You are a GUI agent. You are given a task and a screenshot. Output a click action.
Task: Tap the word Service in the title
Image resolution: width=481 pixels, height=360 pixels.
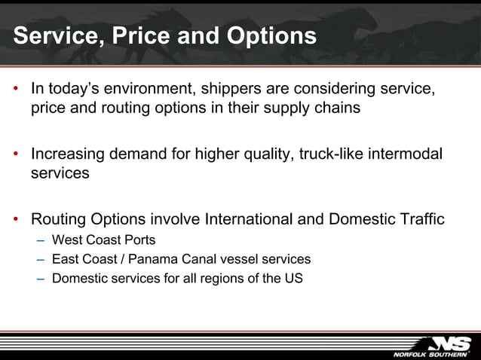pyautogui.click(x=52, y=36)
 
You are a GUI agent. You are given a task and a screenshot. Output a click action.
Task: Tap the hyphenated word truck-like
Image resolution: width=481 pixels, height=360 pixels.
pyautogui.click(x=332, y=154)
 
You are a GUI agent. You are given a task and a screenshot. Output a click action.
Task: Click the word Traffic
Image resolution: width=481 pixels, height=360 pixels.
pyautogui.click(x=419, y=220)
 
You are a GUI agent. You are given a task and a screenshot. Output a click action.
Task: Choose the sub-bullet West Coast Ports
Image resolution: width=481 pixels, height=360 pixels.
pyautogui.click(x=104, y=240)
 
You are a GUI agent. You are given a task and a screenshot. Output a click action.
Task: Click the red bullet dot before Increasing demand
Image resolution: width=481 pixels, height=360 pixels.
pyautogui.click(x=16, y=154)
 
